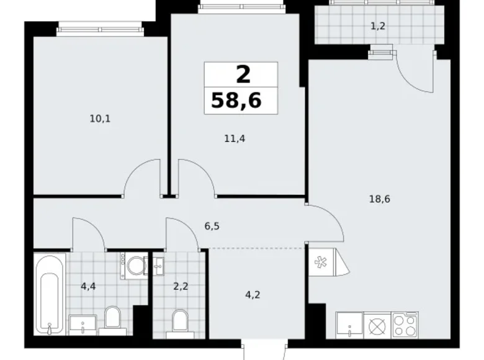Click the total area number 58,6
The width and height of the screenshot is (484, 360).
pos(242,100)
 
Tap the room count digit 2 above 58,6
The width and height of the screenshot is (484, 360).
pos(243,75)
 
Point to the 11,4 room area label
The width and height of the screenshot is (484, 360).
pos(235,138)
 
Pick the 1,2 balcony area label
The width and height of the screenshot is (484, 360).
pos(377,26)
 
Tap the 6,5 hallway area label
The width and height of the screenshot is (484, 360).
pos(212,226)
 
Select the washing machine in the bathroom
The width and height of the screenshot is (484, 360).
pos(135,266)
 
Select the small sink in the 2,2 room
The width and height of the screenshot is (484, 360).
pos(158,266)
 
